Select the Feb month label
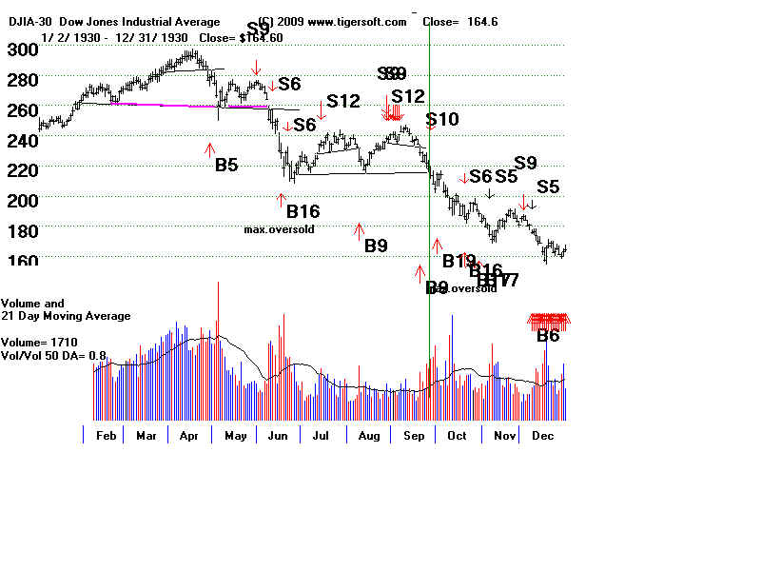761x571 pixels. pos(106,435)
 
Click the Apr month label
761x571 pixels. pos(190,435)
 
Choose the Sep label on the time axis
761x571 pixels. pos(413,435)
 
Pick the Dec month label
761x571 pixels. pos(543,435)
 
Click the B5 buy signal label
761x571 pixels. pos(226,165)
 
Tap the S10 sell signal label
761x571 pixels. pos(442,120)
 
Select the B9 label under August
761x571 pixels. pos(376,246)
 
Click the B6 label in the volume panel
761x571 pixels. pos(549,335)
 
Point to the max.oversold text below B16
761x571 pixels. pos(280,229)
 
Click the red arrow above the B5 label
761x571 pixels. pos(209,148)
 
